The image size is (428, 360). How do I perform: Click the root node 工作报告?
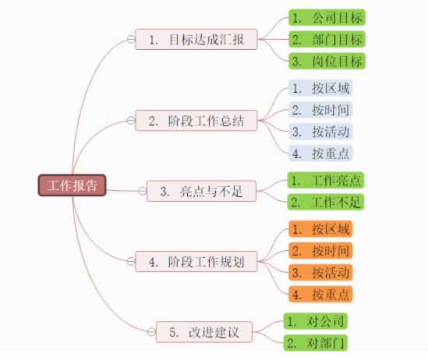click(x=73, y=185)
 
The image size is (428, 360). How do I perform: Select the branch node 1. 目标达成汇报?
click(x=196, y=39)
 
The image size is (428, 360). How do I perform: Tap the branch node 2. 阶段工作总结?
click(x=196, y=121)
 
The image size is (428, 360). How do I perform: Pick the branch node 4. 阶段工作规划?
click(x=196, y=262)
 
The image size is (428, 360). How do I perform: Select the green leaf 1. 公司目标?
click(x=325, y=17)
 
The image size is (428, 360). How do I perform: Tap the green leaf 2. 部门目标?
click(x=325, y=39)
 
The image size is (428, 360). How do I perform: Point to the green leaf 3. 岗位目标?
click(x=325, y=61)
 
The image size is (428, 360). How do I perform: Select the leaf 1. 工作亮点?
click(x=325, y=181)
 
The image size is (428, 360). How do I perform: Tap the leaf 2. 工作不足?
click(x=325, y=203)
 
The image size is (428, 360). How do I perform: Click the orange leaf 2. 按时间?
click(x=320, y=251)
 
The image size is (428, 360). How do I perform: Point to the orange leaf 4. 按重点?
click(x=320, y=295)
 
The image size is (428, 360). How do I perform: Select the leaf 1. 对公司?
click(x=314, y=321)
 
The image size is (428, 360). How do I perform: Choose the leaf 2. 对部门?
click(x=314, y=343)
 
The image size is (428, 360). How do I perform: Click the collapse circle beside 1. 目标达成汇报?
click(x=130, y=39)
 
